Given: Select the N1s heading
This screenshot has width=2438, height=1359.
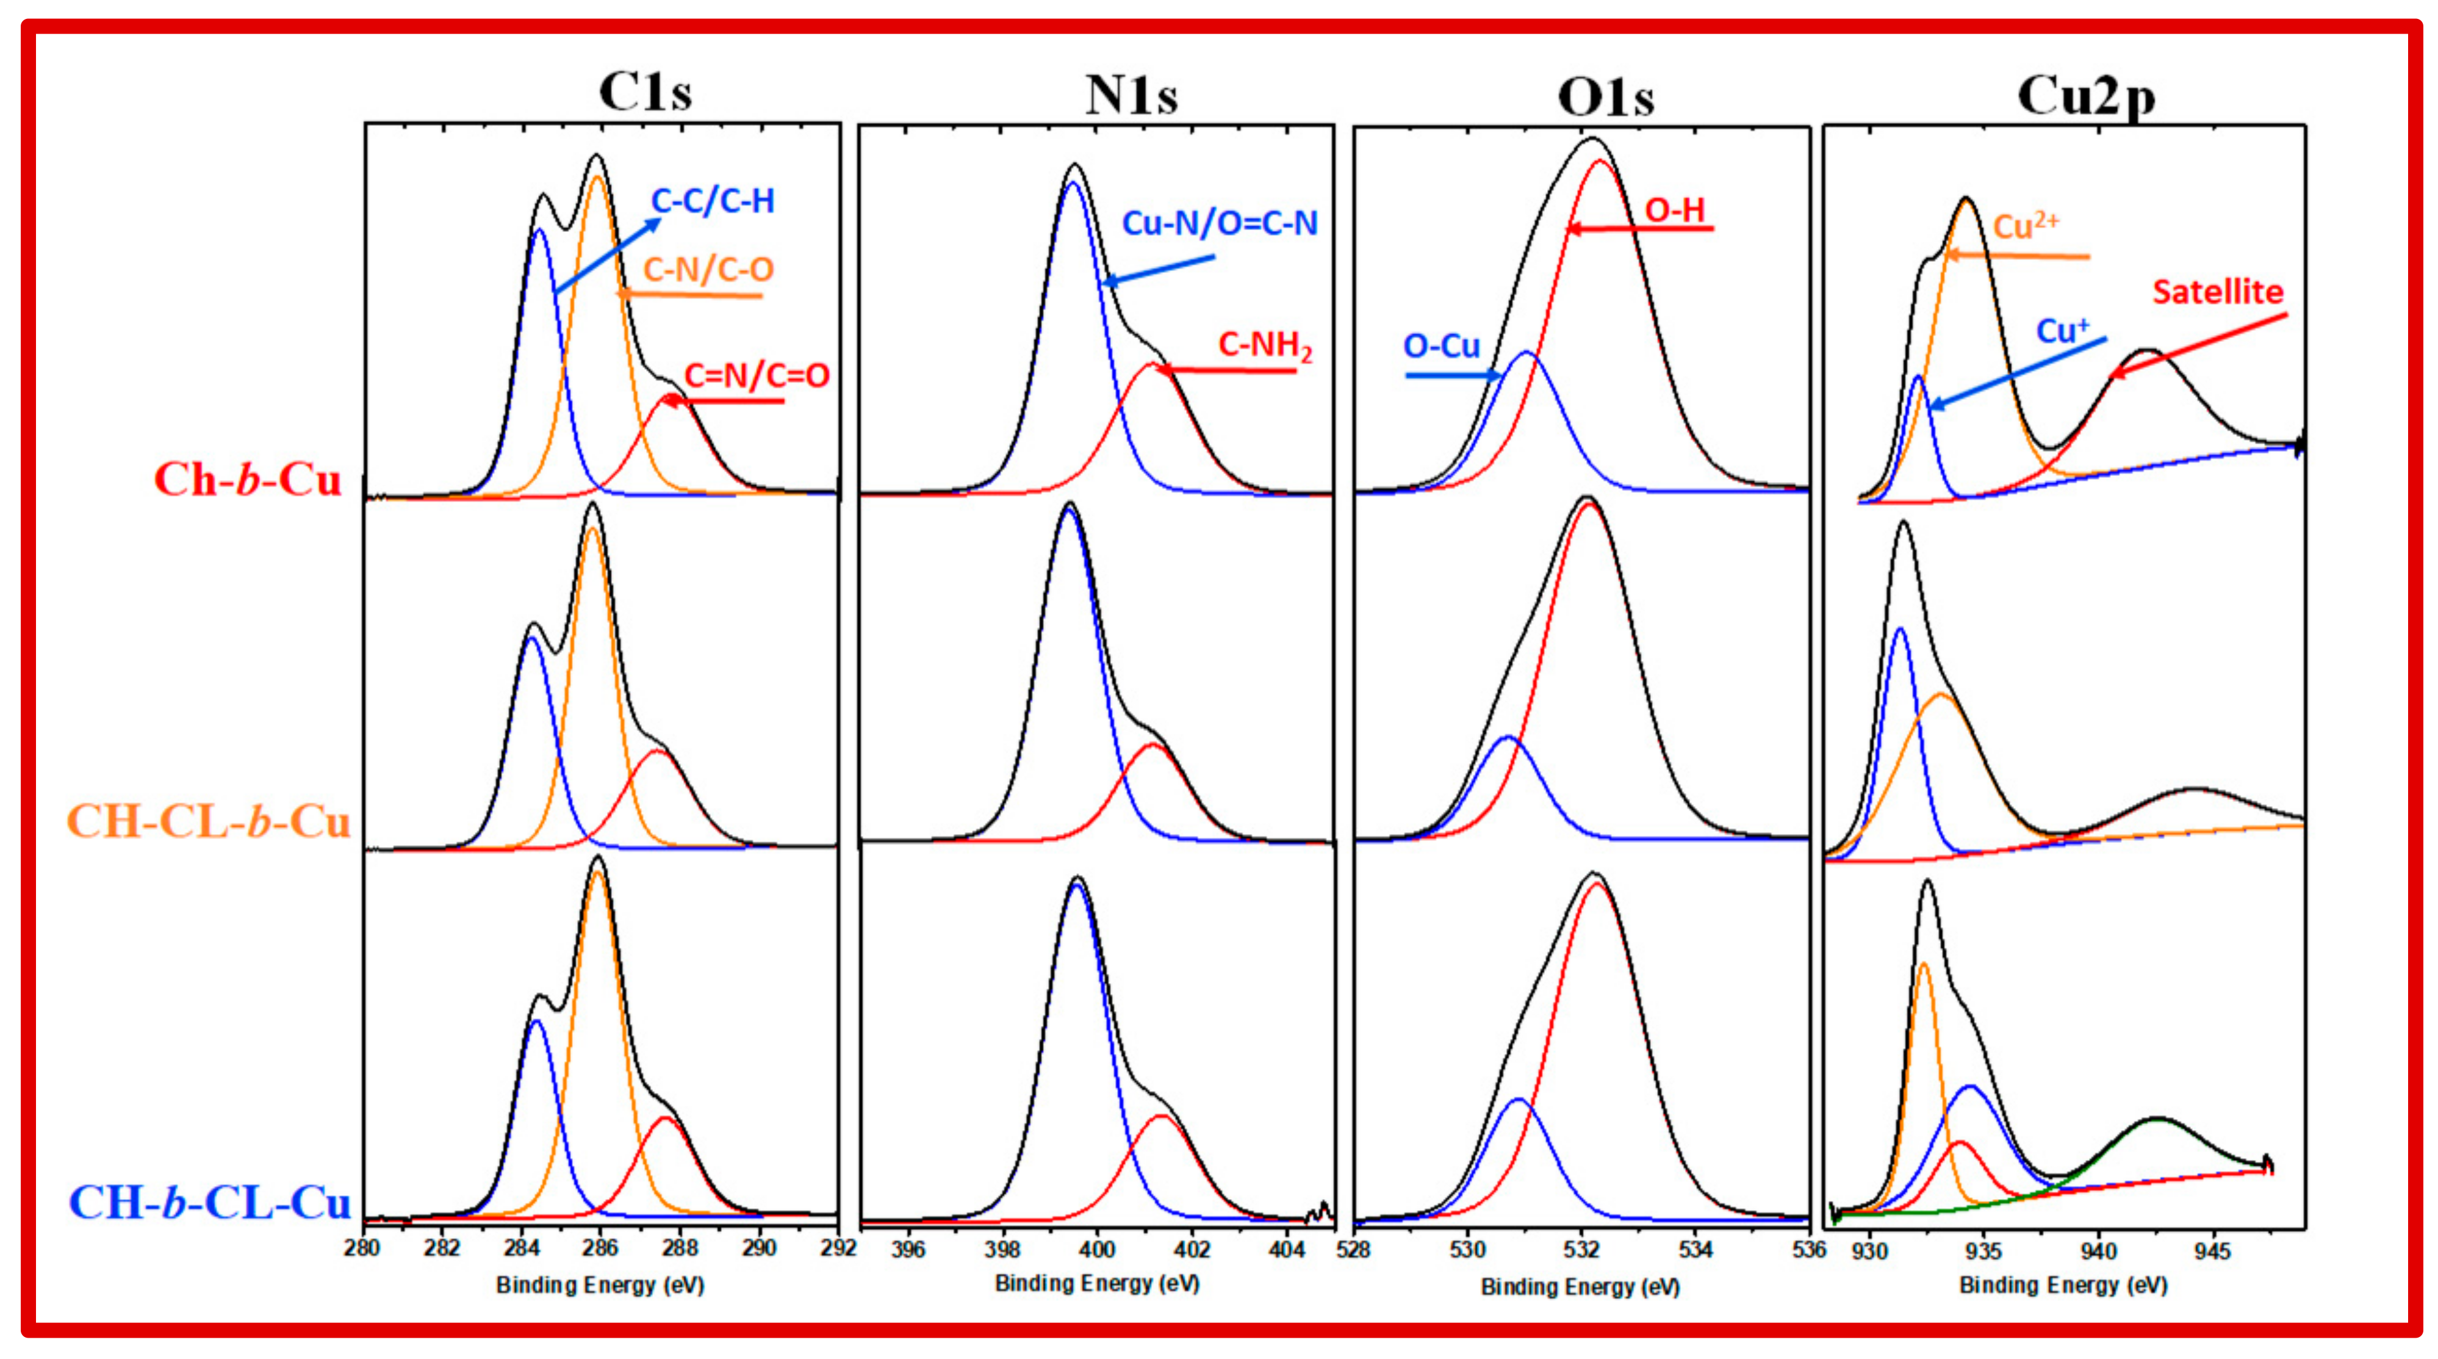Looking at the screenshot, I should tap(1131, 96).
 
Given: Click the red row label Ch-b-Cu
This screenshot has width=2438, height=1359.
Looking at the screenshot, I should tap(248, 480).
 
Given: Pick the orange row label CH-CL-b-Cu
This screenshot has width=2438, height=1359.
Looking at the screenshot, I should tap(208, 821).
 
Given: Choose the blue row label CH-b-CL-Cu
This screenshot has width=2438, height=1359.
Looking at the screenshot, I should tap(210, 1203).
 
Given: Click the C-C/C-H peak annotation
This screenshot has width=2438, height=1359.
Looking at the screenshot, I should tap(713, 201).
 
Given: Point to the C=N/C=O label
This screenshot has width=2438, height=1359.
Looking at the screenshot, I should tap(756, 376).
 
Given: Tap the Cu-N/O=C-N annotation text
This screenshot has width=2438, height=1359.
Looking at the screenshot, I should tap(1219, 223).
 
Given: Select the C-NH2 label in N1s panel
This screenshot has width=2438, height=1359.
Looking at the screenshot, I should tap(1264, 345).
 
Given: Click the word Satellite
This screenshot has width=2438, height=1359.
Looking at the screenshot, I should tap(2218, 292).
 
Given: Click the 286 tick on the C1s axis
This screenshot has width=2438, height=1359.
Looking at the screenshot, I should tap(600, 1249).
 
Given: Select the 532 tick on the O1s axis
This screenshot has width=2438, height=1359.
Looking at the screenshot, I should tap(1581, 1250).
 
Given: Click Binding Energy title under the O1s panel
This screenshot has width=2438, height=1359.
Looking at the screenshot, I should tap(1580, 1287).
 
